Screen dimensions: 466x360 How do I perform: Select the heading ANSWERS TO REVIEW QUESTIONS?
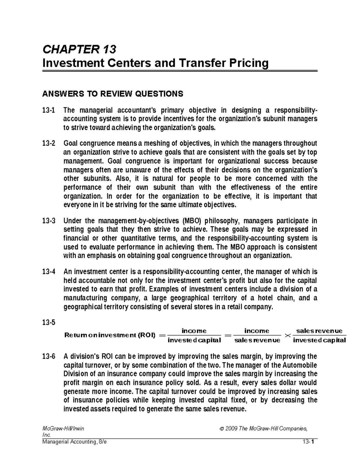tap(112, 94)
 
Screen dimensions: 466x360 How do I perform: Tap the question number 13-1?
tap(49, 110)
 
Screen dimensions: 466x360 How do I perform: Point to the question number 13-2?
tap(49, 143)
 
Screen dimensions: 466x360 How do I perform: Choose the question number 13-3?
tap(49, 221)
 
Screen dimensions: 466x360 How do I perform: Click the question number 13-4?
tap(49, 272)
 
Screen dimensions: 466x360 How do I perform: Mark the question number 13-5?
tap(49, 323)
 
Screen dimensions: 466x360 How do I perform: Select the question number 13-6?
tap(49, 356)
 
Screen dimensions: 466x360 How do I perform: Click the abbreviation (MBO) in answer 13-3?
tap(193, 221)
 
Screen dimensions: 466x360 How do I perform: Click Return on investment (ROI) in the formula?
tap(110, 335)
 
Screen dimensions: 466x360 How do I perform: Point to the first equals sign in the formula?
tap(162, 335)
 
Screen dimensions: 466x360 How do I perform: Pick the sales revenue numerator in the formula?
tap(319, 331)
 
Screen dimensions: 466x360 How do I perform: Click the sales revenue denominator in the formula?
tap(257, 340)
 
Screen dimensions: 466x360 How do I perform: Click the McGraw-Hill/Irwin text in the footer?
tap(63, 428)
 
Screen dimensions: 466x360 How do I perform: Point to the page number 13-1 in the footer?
tap(309, 441)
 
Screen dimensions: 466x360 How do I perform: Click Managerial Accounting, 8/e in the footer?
tap(74, 441)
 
